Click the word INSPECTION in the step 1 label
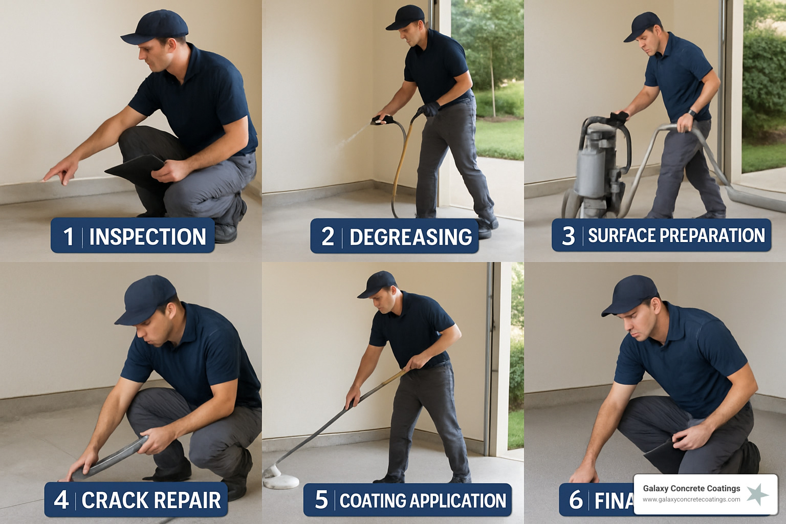(147, 237)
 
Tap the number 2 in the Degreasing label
(327, 236)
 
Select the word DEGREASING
(410, 237)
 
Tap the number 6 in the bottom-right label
(576, 500)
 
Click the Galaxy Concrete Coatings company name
(691, 488)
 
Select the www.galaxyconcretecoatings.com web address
(691, 499)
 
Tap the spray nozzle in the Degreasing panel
(381, 120)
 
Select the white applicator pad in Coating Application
(280, 481)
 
